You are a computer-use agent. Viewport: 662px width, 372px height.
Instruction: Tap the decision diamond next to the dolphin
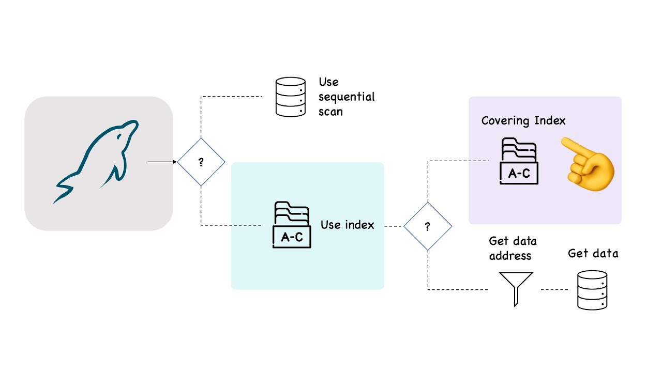[x=201, y=162]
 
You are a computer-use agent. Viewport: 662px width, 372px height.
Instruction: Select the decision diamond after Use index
[x=428, y=226]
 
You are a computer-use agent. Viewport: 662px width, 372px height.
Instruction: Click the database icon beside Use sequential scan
[x=290, y=97]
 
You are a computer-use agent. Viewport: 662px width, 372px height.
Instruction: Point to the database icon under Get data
[x=592, y=290]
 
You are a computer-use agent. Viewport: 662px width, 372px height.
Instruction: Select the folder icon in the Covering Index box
[x=519, y=161]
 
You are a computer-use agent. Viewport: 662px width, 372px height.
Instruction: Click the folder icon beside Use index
[x=292, y=225]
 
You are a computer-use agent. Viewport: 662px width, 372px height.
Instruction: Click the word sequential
[x=347, y=97]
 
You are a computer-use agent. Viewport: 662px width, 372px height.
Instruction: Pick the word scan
[x=330, y=111]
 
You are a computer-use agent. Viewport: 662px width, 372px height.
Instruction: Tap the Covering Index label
[x=523, y=121]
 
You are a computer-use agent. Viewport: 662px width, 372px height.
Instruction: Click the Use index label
[x=347, y=225]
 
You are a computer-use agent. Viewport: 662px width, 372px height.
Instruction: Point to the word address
[x=510, y=256]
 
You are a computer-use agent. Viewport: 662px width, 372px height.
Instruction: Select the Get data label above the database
[x=593, y=253]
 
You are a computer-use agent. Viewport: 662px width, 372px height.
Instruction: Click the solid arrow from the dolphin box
[x=162, y=162]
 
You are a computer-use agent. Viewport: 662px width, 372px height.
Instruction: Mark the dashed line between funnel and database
[x=554, y=289]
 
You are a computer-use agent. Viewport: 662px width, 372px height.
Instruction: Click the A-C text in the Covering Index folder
[x=519, y=174]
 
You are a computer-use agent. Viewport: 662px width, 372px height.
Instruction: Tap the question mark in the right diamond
[x=428, y=227]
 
